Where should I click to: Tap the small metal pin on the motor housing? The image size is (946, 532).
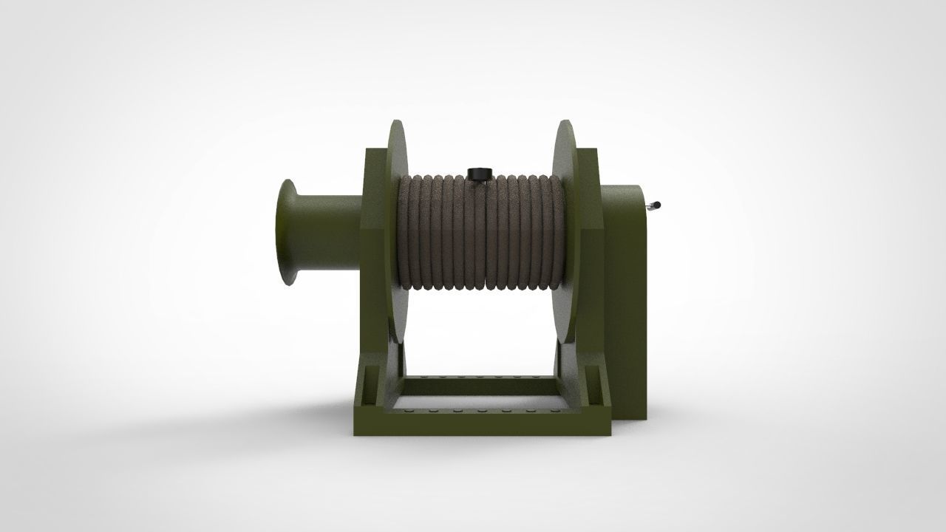(x=653, y=206)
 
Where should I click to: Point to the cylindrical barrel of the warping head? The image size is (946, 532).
(x=329, y=231)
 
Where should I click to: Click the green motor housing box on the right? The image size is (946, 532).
(x=625, y=296)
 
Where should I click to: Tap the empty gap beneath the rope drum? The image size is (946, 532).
(x=480, y=332)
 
